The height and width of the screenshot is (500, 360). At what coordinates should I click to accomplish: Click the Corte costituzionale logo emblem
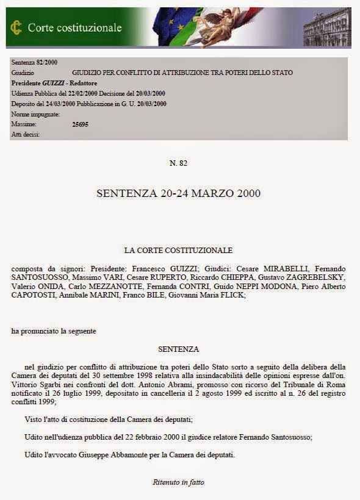coord(16,27)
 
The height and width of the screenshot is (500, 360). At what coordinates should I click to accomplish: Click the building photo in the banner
coord(328,27)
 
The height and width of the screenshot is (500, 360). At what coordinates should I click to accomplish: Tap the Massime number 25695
coord(81,124)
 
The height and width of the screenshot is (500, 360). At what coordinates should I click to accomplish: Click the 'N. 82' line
coord(178,163)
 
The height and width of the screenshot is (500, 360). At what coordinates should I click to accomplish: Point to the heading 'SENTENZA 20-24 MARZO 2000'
coord(178,193)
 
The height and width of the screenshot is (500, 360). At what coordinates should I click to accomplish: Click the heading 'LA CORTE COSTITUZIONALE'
coord(178,250)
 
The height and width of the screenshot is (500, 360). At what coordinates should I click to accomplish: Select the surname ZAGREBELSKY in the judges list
coord(319,277)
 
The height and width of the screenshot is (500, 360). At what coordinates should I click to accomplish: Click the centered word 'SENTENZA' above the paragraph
coord(178,349)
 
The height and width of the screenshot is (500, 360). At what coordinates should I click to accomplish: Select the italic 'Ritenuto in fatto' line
coord(178,482)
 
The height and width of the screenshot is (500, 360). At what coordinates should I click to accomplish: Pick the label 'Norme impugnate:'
coord(35,114)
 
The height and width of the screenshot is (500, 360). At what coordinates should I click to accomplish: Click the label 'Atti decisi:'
coord(26,134)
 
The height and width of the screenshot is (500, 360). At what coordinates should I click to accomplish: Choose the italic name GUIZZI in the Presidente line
coord(53,83)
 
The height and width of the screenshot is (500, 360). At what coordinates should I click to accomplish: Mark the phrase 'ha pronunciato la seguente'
coord(54,331)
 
